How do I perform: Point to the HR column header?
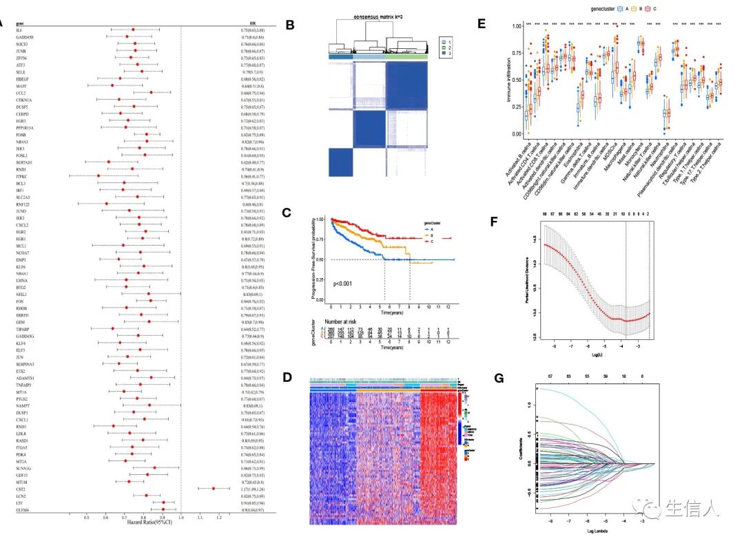(253, 23)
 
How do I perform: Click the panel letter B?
(290, 25)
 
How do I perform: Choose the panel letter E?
(482, 23)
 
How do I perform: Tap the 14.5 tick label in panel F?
(534, 239)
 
